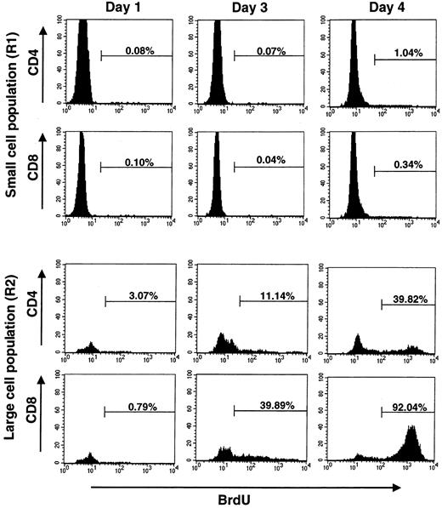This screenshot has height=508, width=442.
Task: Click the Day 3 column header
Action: pos(249,9)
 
